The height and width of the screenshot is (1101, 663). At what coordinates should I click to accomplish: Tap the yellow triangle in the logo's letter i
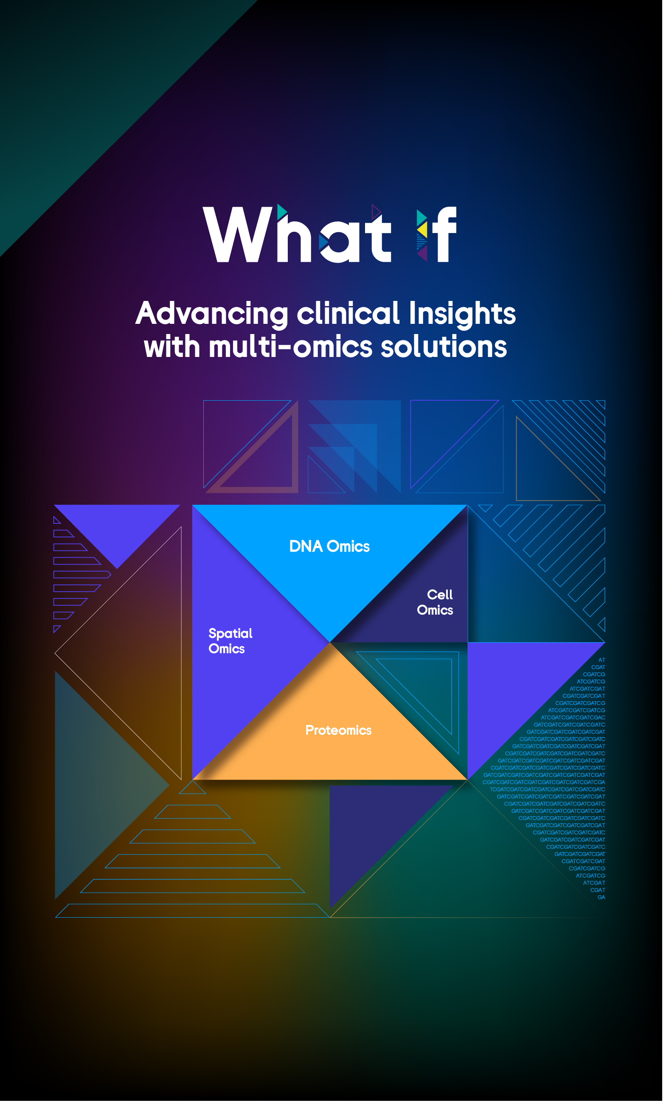click(x=423, y=229)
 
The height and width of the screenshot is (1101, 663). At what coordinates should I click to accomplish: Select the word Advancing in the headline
click(x=212, y=314)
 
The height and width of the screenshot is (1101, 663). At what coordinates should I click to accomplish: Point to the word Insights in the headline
click(x=462, y=314)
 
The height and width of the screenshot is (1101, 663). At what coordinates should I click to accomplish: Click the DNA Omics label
click(x=330, y=546)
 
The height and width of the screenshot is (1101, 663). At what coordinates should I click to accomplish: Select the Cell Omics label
click(x=435, y=602)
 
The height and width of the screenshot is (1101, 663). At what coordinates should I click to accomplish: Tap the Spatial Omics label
click(x=230, y=641)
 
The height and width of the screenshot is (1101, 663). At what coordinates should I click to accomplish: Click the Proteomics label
click(x=339, y=730)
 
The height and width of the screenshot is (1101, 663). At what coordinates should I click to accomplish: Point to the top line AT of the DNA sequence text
click(x=602, y=660)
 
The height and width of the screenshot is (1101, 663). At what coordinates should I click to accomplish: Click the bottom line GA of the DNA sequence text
click(x=601, y=897)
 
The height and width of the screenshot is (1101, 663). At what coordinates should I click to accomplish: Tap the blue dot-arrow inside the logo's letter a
click(x=323, y=242)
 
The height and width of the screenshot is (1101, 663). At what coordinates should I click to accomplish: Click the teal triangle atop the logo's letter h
click(x=282, y=212)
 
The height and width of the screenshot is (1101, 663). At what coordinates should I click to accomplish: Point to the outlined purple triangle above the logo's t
click(x=376, y=212)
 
